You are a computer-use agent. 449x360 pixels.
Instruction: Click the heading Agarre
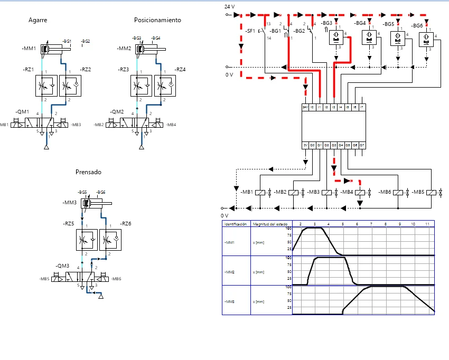click(x=38, y=20)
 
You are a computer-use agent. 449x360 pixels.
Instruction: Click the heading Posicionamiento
click(x=157, y=20)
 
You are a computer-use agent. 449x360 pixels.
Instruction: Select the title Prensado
click(x=88, y=172)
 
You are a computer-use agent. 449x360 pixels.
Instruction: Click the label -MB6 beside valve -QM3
click(x=116, y=279)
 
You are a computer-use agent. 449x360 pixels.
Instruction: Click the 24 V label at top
click(x=229, y=6)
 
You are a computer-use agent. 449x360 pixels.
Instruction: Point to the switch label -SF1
click(x=250, y=31)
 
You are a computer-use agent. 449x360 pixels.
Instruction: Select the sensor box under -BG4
click(x=368, y=37)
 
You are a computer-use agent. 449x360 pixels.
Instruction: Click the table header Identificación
click(x=236, y=224)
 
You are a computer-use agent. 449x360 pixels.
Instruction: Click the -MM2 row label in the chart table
click(x=230, y=272)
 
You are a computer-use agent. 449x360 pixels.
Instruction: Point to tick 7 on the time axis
click(x=371, y=224)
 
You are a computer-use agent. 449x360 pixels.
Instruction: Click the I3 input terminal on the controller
click(x=334, y=107)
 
